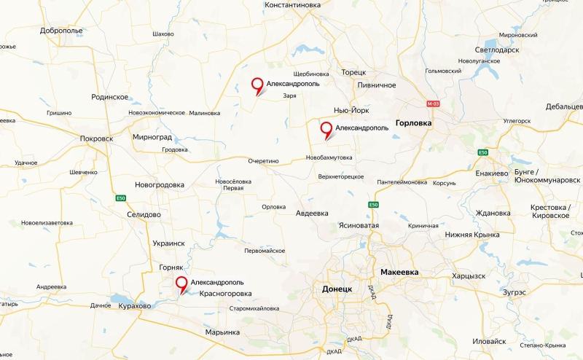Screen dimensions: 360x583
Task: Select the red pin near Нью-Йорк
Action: pyautogui.click(x=326, y=130)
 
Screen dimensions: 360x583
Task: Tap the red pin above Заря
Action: pyautogui.click(x=257, y=85)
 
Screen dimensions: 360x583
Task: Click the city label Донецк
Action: pyautogui.click(x=337, y=289)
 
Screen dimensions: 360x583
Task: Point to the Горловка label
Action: pyautogui.click(x=413, y=123)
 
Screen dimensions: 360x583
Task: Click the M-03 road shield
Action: pyautogui.click(x=434, y=104)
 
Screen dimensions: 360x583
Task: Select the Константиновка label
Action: pyautogui.click(x=303, y=5)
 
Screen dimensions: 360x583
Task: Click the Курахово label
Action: pyautogui.click(x=134, y=306)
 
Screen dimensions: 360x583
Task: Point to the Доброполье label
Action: pyautogui.click(x=62, y=31)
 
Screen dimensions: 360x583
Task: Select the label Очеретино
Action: pyautogui.click(x=263, y=161)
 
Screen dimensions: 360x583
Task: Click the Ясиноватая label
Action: pyautogui.click(x=359, y=226)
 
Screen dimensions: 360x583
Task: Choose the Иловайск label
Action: pyautogui.click(x=489, y=341)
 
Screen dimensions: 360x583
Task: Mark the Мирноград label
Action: pyautogui.click(x=152, y=136)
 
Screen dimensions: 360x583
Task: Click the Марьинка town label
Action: pyautogui.click(x=222, y=332)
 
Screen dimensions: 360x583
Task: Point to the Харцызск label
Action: pyautogui.click(x=469, y=275)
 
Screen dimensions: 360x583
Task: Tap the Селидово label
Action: pyautogui.click(x=144, y=214)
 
